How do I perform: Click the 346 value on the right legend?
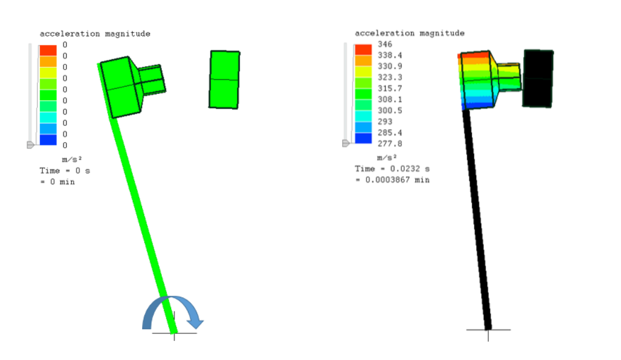(384, 44)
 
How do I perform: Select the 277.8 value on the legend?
(390, 144)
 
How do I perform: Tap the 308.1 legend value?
(390, 99)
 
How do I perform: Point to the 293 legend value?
(384, 122)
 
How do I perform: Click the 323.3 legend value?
(390, 77)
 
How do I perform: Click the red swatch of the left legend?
(48, 50)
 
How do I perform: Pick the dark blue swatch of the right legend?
(363, 138)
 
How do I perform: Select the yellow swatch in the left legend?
(48, 73)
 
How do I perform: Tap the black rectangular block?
(538, 78)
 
